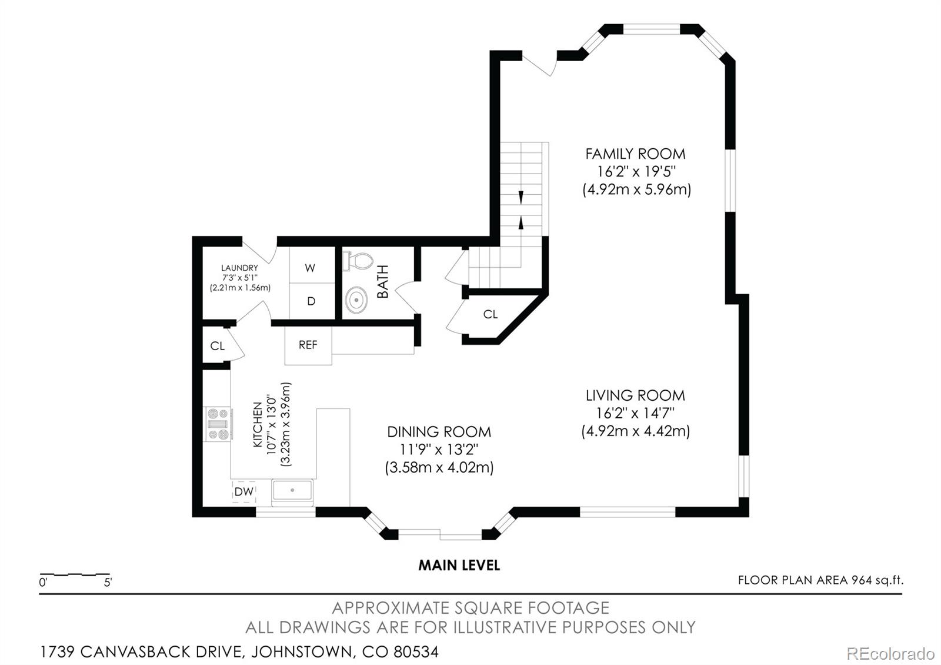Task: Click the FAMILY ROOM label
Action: (635, 154)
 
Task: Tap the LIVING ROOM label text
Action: (635, 395)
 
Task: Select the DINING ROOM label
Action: (439, 431)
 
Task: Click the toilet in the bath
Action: (358, 261)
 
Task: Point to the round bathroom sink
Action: (356, 300)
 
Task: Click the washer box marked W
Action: (311, 268)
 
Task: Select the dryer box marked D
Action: (311, 301)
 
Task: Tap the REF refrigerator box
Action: (308, 345)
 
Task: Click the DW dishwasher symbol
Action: (244, 491)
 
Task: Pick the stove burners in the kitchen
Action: (217, 424)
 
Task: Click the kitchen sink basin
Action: (292, 491)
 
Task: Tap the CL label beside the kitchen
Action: (217, 346)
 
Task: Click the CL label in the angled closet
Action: (490, 314)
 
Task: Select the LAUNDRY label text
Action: (239, 268)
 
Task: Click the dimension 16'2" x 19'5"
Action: (635, 172)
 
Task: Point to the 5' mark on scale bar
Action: (108, 583)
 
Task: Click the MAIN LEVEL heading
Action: (459, 566)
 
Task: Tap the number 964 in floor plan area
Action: (861, 580)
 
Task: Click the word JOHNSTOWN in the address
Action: (302, 652)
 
